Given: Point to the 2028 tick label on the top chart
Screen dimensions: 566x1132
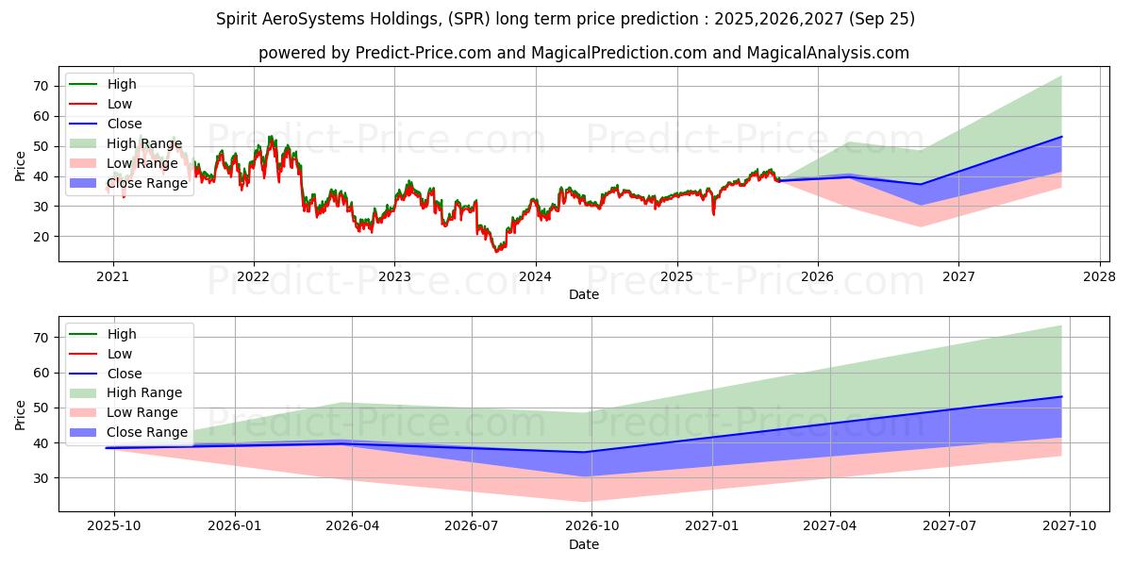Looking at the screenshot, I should [1100, 276].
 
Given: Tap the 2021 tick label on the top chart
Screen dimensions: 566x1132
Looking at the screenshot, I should [113, 276].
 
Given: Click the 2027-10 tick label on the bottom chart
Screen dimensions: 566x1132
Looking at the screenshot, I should [1070, 526].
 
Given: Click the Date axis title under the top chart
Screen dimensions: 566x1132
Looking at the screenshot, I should [583, 295].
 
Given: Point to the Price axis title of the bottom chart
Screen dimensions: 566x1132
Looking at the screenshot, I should [20, 414].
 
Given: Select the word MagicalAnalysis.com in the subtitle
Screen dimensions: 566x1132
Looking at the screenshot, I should [828, 53].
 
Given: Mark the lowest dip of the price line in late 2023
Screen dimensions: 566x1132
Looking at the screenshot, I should [497, 252].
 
